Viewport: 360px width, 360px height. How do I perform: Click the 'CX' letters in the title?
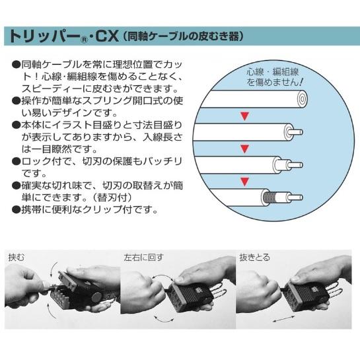pos(107,36)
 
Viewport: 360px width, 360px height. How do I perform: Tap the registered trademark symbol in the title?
pos(85,40)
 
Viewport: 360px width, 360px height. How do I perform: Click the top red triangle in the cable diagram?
pos(245,116)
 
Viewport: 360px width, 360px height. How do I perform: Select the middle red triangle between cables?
pos(245,149)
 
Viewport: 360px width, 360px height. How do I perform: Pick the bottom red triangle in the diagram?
pos(245,182)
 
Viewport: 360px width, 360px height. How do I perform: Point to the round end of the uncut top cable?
pos(302,99)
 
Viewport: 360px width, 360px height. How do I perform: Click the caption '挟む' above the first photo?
pos(17,257)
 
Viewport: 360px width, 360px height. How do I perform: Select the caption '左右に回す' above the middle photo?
pos(143,258)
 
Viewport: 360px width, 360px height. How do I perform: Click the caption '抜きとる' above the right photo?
pos(254,258)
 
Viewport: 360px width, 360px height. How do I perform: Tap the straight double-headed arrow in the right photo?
pos(284,318)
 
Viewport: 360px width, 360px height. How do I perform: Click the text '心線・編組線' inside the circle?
pos(273,72)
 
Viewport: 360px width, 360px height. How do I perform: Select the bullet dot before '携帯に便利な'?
pos(16,209)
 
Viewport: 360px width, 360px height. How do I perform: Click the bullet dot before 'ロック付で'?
pos(16,161)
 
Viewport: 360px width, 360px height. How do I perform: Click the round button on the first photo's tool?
pos(96,299)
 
